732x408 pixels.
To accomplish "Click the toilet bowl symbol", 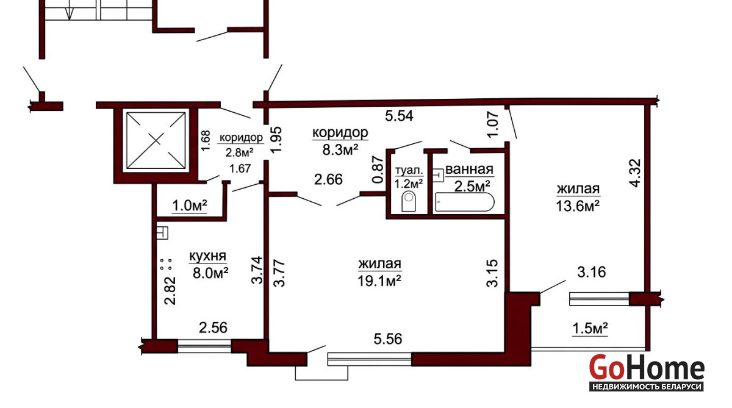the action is [x=409, y=201].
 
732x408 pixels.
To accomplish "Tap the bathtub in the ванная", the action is [x=465, y=202].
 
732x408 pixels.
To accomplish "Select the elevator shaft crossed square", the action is [x=156, y=140].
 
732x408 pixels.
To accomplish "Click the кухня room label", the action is [x=208, y=256].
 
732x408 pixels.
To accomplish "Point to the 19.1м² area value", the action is [x=379, y=281].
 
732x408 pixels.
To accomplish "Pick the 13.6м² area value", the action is [x=578, y=206].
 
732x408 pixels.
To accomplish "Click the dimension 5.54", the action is [x=399, y=116].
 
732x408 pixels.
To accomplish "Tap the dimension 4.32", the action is [x=635, y=173].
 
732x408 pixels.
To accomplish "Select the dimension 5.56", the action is [x=388, y=339].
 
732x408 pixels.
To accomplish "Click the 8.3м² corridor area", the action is [x=340, y=150].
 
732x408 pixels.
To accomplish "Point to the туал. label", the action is [x=409, y=170].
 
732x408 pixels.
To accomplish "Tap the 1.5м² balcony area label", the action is [x=590, y=328].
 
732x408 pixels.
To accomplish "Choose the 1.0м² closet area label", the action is [x=190, y=206].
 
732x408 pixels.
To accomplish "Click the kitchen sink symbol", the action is [x=162, y=233].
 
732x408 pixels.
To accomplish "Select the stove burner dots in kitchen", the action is [x=166, y=264].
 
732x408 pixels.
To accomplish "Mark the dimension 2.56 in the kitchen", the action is [x=213, y=327].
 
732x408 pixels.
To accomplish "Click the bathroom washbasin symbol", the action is [x=438, y=175].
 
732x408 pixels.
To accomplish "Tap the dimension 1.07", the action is [x=492, y=124].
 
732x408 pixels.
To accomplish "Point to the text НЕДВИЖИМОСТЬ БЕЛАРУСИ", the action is [x=647, y=387].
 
